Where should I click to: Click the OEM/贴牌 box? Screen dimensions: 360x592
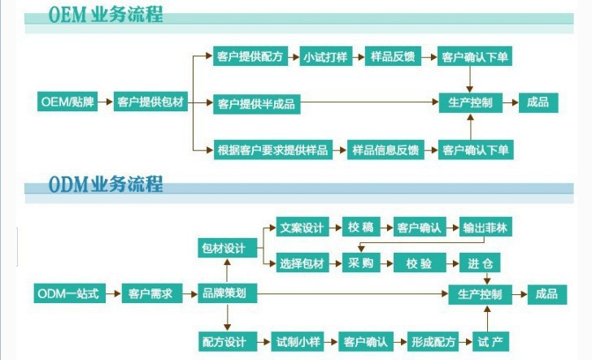[x=67, y=102]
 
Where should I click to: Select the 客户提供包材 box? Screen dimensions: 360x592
[x=150, y=102]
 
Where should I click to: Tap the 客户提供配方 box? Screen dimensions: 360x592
[x=249, y=57]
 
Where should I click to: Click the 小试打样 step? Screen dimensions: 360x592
[x=325, y=57]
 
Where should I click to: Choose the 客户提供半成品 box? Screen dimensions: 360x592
[x=255, y=103]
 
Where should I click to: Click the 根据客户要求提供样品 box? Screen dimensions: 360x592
[x=272, y=150]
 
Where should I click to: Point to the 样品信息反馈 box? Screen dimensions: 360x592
[x=385, y=150]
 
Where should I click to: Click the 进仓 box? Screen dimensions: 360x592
[x=479, y=263]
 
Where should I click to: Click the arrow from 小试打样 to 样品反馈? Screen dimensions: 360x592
[x=356, y=57]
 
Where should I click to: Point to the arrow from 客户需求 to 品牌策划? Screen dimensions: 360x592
[x=188, y=293]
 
